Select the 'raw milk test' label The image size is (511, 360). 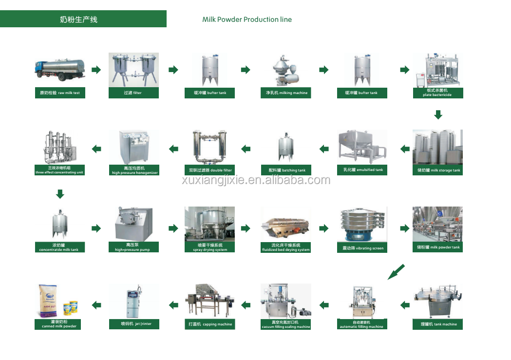click(60, 93)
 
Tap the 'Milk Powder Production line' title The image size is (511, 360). click(247, 19)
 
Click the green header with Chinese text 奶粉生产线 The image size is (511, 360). click(83, 19)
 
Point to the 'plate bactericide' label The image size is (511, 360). click(437, 93)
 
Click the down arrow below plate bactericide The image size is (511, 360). click(438, 114)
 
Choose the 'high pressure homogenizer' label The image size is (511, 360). click(135, 171)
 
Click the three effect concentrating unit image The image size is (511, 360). click(59, 146)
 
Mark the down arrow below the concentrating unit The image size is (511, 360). click(60, 194)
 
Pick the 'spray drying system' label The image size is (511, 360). click(210, 247)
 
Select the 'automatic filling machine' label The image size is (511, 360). click(361, 324)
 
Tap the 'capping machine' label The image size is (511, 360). click(210, 324)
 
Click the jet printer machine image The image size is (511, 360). click(134, 302)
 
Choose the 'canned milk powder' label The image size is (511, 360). click(59, 324)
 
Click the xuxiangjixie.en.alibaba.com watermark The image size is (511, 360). click(256, 180)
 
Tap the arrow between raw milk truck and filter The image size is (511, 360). click(96, 70)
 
